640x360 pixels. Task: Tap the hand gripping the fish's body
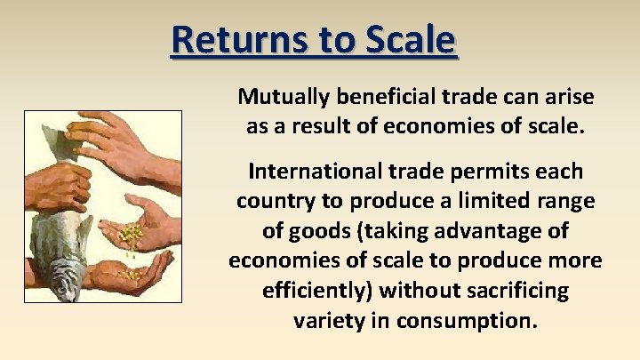[59, 186]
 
